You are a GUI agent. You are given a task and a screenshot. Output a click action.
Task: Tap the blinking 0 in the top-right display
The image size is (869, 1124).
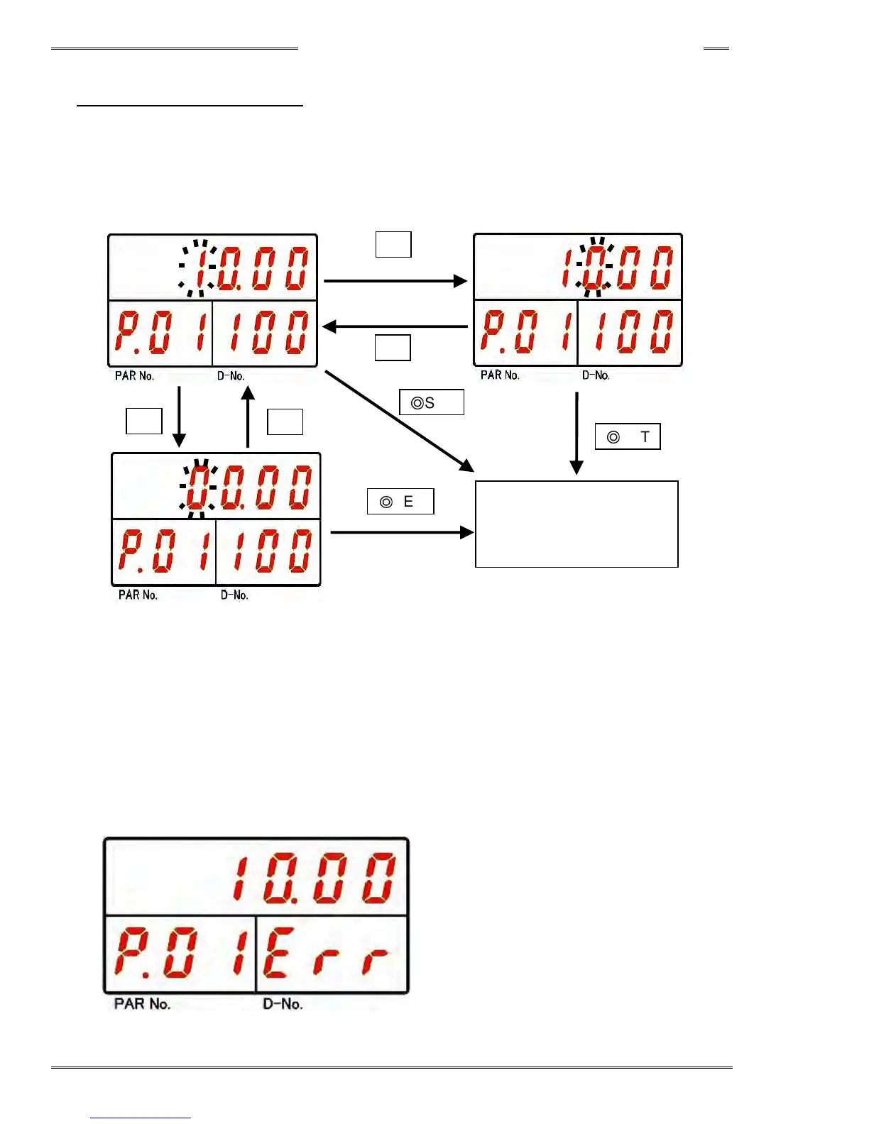coord(595,268)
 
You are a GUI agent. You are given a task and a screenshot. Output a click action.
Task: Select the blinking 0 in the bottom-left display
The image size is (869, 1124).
coord(199,487)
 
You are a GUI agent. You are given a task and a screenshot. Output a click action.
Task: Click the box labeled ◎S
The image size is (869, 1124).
coord(432,402)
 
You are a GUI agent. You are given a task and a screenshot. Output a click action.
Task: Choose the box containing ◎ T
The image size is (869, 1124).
coord(628,436)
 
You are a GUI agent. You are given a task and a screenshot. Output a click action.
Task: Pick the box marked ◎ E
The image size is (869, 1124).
coord(400,502)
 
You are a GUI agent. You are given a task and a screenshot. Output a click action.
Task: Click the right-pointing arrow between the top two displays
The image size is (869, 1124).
coord(395,281)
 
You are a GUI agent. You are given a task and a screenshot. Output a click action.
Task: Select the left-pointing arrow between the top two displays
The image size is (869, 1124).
coord(395,326)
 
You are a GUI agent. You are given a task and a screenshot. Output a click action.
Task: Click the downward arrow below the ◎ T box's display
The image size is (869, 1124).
coord(576,432)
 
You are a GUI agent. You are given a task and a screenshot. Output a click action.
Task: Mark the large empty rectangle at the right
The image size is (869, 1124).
coord(576,524)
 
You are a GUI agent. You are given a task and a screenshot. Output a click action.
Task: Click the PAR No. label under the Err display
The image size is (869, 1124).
coord(142,1004)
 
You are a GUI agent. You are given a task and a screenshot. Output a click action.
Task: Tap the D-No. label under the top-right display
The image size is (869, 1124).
coord(596,375)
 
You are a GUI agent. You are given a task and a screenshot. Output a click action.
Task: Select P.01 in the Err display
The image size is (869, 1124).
coord(180,953)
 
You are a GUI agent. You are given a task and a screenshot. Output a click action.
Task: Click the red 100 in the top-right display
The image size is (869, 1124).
coord(630,331)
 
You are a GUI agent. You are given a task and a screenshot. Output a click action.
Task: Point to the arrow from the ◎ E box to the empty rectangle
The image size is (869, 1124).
coord(402,532)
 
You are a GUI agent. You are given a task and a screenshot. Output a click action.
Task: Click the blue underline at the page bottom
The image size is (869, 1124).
coord(141,1118)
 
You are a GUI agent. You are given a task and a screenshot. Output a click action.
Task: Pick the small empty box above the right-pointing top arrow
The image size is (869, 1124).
coord(393,244)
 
